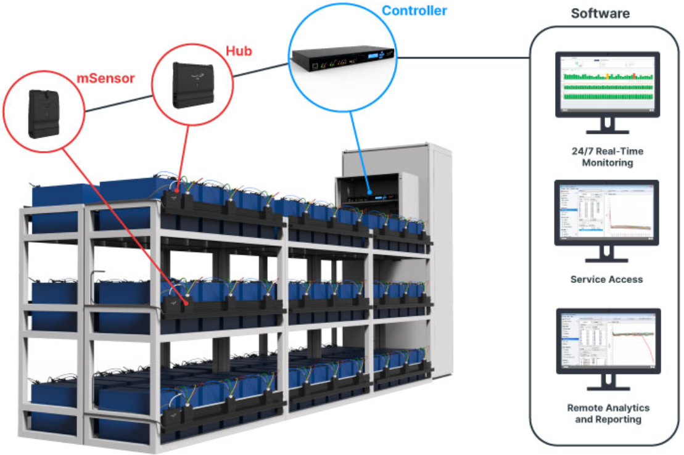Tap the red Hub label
pyautogui.click(x=238, y=51)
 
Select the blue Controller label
pyautogui.click(x=414, y=10)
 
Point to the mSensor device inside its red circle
pyautogui.click(x=43, y=114)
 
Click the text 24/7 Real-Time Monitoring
pyautogui.click(x=608, y=157)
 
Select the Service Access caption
pyautogui.click(x=606, y=279)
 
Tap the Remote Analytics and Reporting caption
pyautogui.click(x=608, y=414)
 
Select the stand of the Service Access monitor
pyautogui.click(x=607, y=255)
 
